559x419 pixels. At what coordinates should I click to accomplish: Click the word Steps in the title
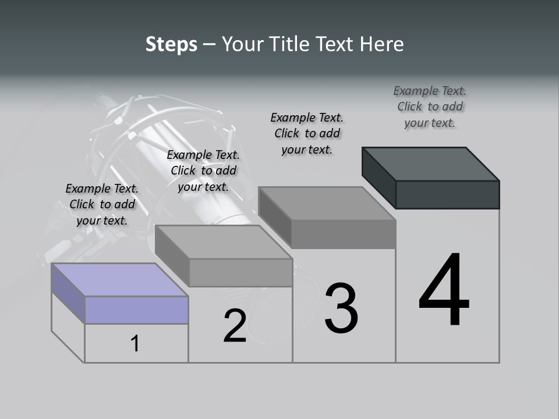pyautogui.click(x=171, y=44)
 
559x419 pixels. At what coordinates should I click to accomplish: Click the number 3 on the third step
pyautogui.click(x=341, y=308)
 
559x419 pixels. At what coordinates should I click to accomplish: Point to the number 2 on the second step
pyautogui.click(x=235, y=325)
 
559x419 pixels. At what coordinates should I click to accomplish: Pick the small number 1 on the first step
pyautogui.click(x=135, y=343)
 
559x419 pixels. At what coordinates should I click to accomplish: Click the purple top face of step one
pyautogui.click(x=120, y=280)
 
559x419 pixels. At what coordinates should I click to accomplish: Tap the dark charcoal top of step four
pyautogui.click(x=431, y=164)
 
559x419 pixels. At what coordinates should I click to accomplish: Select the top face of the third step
pyautogui.click(x=327, y=203)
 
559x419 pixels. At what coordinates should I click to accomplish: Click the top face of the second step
pyautogui.click(x=224, y=242)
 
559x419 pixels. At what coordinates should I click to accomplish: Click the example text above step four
pyautogui.click(x=430, y=106)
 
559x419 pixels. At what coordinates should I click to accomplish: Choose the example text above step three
pyautogui.click(x=307, y=133)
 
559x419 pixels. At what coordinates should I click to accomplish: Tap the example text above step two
pyautogui.click(x=203, y=171)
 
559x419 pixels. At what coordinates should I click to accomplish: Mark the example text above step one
pyautogui.click(x=102, y=204)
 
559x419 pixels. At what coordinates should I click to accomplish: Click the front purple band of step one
pyautogui.click(x=136, y=310)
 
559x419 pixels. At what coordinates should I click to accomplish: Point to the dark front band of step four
pyautogui.click(x=447, y=194)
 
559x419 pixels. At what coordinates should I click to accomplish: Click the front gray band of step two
pyautogui.click(x=240, y=272)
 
